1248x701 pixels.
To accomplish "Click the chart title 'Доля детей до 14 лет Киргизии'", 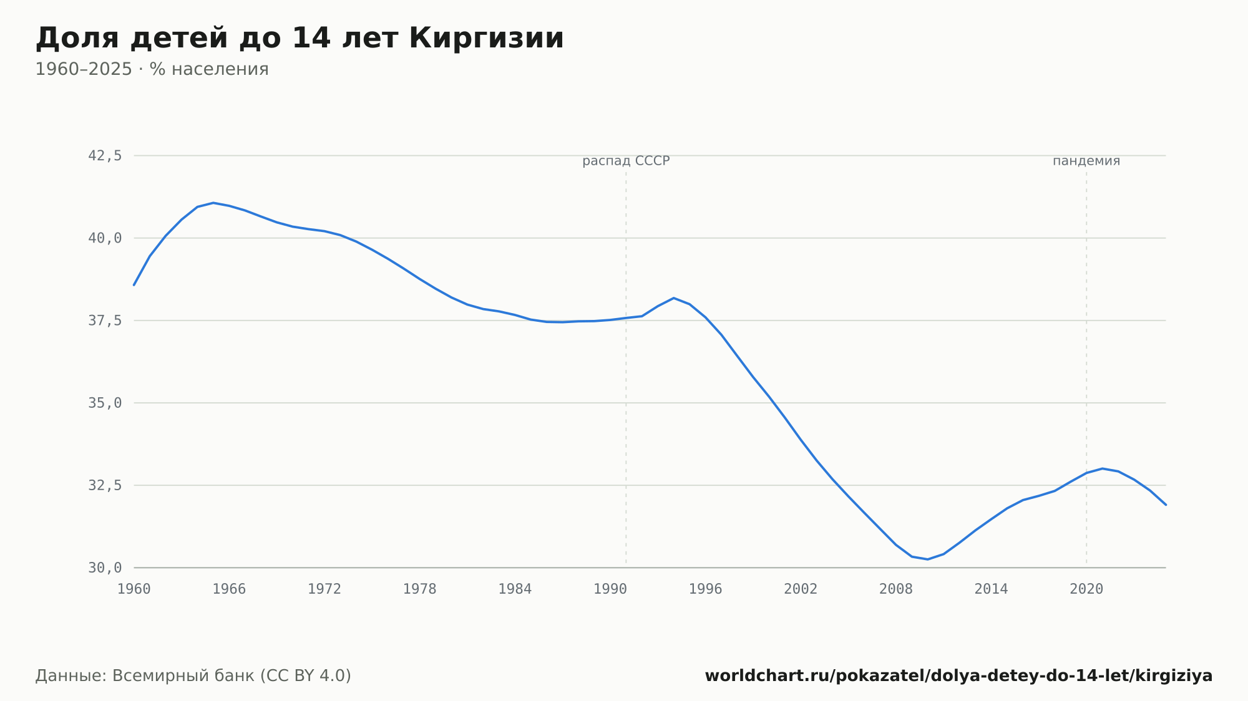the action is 300,38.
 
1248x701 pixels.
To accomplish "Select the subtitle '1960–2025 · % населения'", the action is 152,69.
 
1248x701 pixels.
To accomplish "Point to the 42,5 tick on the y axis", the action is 105,156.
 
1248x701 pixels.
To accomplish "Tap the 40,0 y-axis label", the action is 105,238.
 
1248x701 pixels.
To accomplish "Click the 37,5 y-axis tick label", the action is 105,321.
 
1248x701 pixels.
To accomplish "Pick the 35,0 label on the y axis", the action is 105,403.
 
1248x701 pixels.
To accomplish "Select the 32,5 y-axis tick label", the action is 105,485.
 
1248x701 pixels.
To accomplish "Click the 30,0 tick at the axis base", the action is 105,568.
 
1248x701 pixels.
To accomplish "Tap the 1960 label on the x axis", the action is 134,589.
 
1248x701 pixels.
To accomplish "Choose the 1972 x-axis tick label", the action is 324,589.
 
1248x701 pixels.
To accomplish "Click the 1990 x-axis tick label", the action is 610,589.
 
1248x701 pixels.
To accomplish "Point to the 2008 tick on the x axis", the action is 896,589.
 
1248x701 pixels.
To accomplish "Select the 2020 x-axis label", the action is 1086,589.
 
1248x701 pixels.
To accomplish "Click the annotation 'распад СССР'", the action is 626,161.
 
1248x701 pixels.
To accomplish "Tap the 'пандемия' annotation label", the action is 1086,161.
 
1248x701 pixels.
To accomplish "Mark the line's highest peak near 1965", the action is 213,203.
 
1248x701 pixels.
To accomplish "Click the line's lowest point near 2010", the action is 928,559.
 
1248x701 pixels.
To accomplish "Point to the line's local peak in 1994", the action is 674,298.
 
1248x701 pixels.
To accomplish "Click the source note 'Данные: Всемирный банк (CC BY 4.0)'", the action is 193,676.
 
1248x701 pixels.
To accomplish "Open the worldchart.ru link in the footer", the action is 958,676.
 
